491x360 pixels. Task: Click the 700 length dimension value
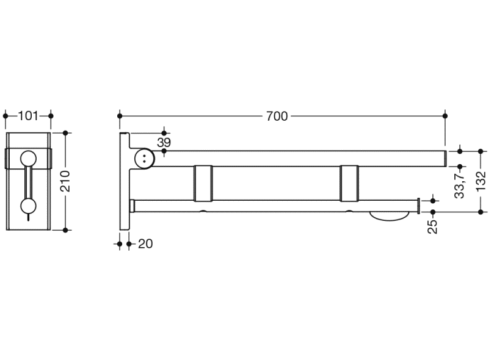point(277,117)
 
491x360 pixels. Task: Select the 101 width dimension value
point(28,116)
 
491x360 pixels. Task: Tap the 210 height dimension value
point(65,181)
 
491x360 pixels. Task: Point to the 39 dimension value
point(164,143)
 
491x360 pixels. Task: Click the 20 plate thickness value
point(145,244)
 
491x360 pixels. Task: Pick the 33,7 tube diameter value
point(460,184)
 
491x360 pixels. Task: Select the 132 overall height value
point(481,181)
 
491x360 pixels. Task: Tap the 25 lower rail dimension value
point(432,227)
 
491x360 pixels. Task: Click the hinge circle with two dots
point(144,158)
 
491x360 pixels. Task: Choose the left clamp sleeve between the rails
point(203,183)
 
